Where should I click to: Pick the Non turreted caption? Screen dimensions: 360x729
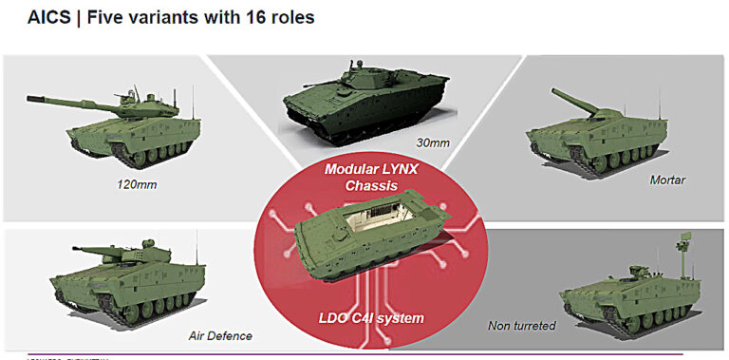(x=521, y=326)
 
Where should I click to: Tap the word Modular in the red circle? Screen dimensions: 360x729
(x=350, y=168)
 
